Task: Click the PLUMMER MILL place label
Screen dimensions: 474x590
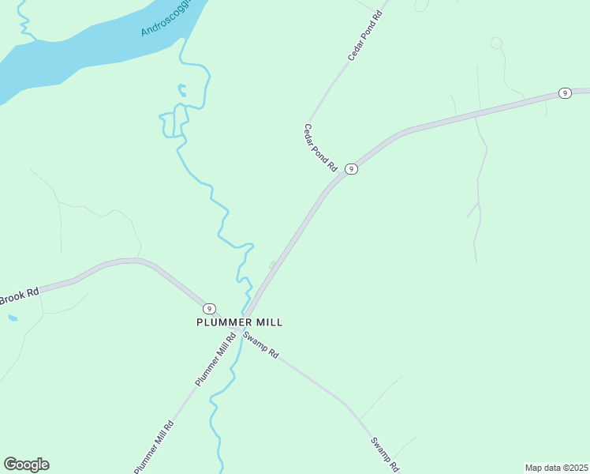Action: (239, 322)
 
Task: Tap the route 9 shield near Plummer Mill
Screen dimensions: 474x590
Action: (208, 308)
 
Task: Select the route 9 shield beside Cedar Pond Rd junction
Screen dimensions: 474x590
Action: (352, 169)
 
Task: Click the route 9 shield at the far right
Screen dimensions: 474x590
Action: (565, 93)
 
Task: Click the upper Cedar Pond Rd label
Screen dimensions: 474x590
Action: (364, 37)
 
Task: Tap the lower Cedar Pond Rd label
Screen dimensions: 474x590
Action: (321, 148)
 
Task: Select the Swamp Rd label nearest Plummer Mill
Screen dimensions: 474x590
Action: (261, 345)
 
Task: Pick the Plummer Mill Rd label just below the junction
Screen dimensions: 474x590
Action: (215, 360)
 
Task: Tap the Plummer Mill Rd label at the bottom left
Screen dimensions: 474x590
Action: (153, 446)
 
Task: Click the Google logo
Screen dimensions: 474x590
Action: (26, 464)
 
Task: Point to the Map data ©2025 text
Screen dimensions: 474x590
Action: (556, 468)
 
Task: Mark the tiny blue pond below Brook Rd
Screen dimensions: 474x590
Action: (12, 318)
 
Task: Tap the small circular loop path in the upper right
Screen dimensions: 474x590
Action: (496, 43)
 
